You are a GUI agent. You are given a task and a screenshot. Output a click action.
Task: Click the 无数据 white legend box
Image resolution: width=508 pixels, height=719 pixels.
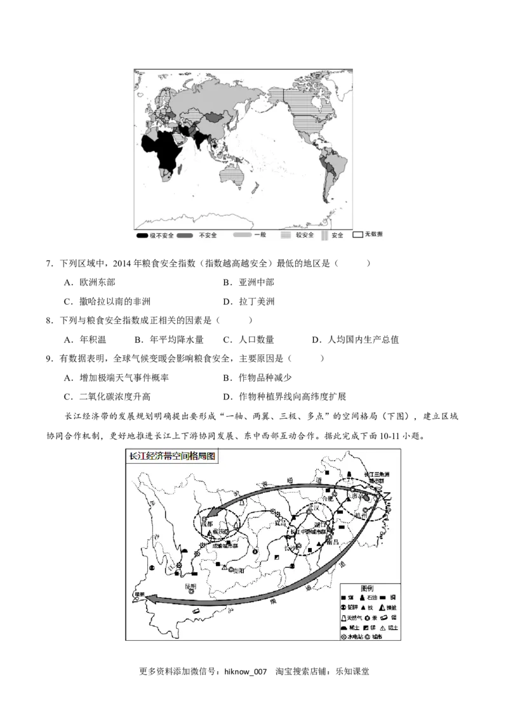point(358,234)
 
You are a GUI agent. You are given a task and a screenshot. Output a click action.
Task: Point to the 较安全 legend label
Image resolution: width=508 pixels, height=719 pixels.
point(304,235)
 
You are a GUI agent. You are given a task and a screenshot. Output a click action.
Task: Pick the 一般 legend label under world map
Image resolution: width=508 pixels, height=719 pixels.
point(260,235)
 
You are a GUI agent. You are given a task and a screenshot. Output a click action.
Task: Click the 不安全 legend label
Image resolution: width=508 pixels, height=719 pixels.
point(208,235)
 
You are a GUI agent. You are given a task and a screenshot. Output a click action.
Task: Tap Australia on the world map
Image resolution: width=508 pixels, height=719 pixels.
point(229,173)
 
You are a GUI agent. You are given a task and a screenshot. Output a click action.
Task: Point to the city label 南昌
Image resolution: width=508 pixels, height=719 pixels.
point(331,542)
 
